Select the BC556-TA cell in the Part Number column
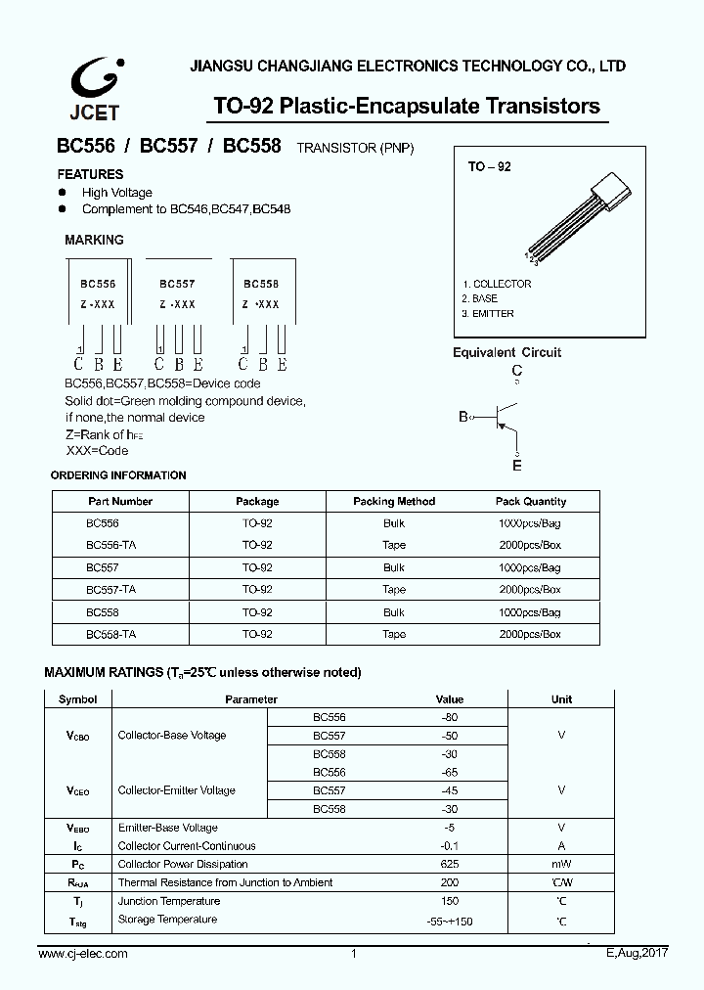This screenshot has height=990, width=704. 110,545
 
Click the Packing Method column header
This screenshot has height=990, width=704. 394,501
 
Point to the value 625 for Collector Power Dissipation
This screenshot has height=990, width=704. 449,864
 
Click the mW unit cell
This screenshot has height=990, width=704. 561,864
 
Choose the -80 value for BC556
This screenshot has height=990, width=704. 449,717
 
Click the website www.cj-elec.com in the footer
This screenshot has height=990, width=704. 83,953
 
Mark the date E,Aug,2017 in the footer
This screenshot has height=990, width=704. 637,953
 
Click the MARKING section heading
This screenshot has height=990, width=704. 94,240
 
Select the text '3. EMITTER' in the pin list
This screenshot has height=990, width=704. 488,314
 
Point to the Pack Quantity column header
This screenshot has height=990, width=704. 530,501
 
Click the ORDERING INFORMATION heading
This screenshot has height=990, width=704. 118,475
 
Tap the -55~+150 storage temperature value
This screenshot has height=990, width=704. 449,922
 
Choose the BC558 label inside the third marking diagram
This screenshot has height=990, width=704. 261,284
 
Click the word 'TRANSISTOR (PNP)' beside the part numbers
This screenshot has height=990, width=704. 355,149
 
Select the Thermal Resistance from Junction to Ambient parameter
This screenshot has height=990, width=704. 225,882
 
